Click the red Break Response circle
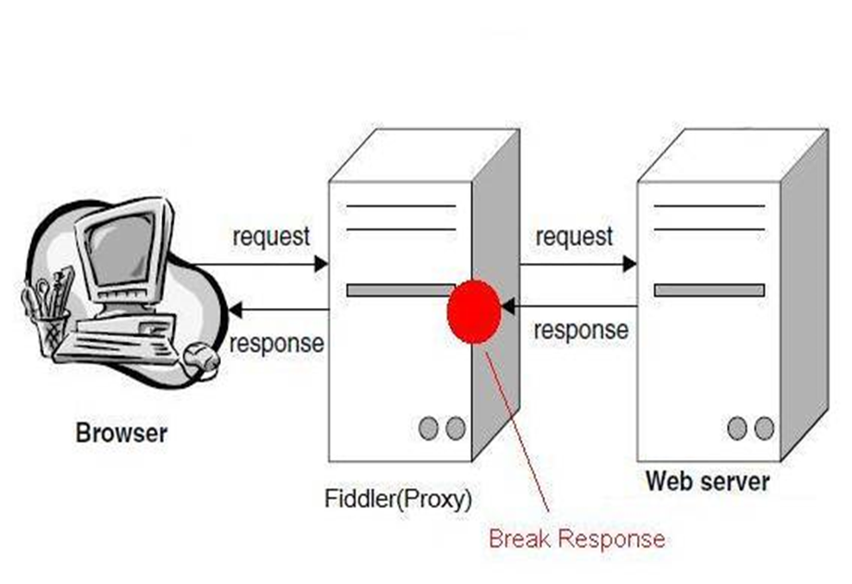(474, 311)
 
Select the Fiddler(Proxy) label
(398, 498)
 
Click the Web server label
(708, 480)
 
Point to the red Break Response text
(577, 539)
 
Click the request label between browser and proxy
(270, 236)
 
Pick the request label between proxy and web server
(574, 236)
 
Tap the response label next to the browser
(277, 342)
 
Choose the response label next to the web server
(581, 330)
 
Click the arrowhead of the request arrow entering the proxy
(321, 264)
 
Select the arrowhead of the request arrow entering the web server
(629, 264)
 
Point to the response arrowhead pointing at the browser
(233, 309)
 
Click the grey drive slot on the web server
(709, 290)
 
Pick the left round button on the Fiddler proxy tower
(428, 428)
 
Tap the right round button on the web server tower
(763, 427)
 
